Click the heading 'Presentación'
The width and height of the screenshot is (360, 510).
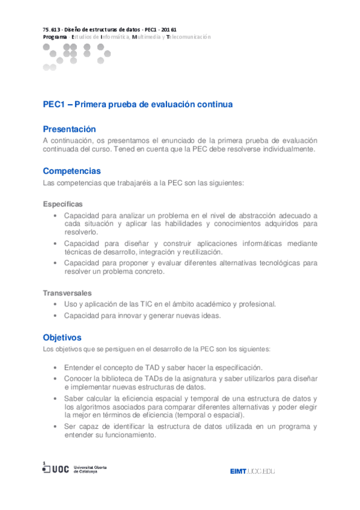click(x=69, y=129)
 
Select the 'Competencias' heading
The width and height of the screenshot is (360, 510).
click(x=72, y=171)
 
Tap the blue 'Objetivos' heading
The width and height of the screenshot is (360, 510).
click(x=62, y=337)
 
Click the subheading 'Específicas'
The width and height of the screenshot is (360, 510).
click(x=63, y=204)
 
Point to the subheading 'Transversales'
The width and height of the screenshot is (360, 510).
click(x=67, y=293)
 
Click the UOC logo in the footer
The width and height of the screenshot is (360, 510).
click(x=55, y=469)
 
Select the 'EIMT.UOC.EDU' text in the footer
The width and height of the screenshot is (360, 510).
click(x=252, y=471)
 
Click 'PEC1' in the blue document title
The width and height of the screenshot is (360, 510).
click(x=54, y=104)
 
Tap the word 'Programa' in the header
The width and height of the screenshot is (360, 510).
click(x=55, y=37)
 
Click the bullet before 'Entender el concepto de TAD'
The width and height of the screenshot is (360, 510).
click(x=55, y=367)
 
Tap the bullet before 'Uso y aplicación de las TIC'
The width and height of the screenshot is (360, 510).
click(x=55, y=304)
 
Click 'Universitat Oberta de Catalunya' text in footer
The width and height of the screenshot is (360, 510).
click(x=91, y=469)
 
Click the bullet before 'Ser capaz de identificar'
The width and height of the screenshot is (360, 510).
click(x=55, y=426)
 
